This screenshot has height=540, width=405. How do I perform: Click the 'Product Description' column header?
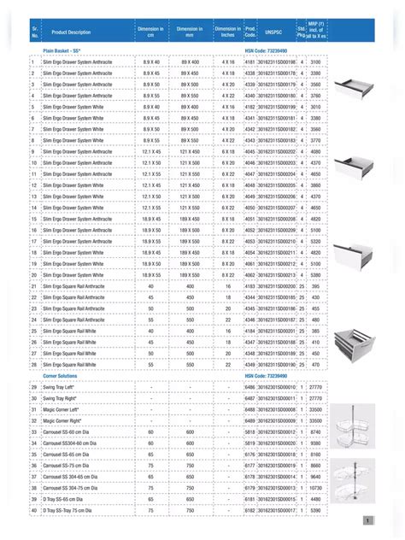pos(71,32)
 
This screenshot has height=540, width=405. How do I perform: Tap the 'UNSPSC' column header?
pos(273,32)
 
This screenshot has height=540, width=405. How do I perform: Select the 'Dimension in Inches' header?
pos(228,32)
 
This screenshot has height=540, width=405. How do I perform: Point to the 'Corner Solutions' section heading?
pos(61,375)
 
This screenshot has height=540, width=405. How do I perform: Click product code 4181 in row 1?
pos(249,62)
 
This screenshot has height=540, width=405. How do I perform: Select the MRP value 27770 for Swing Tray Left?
pos(315,387)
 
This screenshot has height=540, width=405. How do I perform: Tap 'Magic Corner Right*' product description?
pos(62,420)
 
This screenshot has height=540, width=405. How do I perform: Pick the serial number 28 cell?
pos(32,364)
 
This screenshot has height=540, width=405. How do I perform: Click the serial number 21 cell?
pos(32,286)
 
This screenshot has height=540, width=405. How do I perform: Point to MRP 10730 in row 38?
pos(315,487)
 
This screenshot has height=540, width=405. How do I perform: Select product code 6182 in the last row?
pos(249,509)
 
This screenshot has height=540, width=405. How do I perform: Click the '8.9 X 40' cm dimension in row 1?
pos(151,62)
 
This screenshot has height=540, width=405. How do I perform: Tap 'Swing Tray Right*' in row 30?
pos(61,398)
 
